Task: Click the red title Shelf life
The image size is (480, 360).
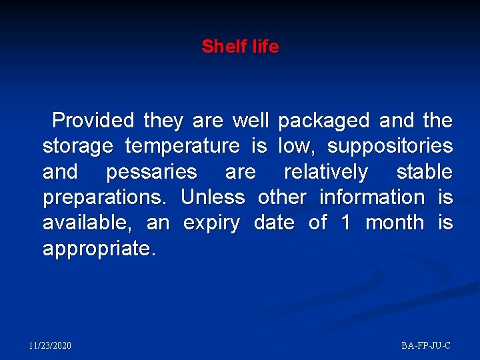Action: (x=240, y=47)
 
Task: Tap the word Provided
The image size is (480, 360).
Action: (x=93, y=121)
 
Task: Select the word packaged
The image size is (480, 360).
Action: (x=323, y=121)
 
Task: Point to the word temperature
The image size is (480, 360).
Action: (x=182, y=146)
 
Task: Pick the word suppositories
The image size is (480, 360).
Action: (x=389, y=146)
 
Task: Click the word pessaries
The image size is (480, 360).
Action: (x=151, y=172)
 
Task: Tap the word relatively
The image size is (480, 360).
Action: (x=325, y=172)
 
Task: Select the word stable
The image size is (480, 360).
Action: (x=424, y=172)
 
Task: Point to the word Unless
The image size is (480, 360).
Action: (x=213, y=197)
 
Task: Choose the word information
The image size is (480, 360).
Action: (x=371, y=197)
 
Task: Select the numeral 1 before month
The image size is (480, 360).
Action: (x=345, y=223)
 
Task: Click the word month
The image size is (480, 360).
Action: (x=394, y=223)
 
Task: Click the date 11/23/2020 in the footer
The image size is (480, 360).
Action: (x=50, y=345)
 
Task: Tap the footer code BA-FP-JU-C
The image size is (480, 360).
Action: (x=426, y=345)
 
